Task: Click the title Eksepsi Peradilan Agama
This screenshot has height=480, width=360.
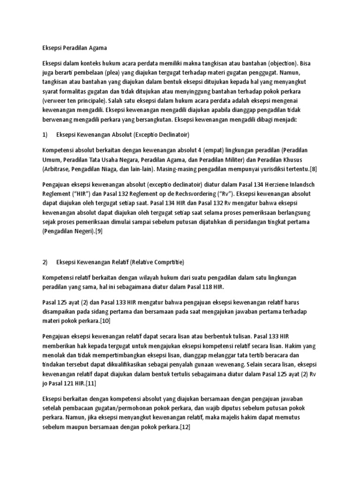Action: (x=74, y=47)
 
